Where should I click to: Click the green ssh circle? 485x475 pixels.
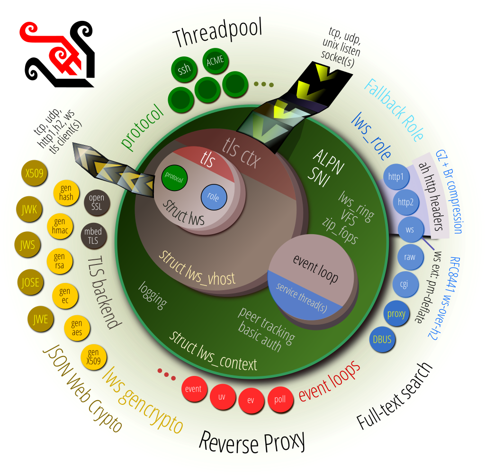(x=184, y=70)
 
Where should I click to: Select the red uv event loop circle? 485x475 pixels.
(x=222, y=397)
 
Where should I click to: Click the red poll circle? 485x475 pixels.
(x=280, y=399)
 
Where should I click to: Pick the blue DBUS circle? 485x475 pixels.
(x=382, y=339)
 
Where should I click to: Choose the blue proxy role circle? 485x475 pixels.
(x=396, y=313)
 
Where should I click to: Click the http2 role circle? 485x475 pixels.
(x=405, y=203)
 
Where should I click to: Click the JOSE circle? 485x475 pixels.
(x=30, y=283)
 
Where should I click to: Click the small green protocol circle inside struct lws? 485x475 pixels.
(x=174, y=177)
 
